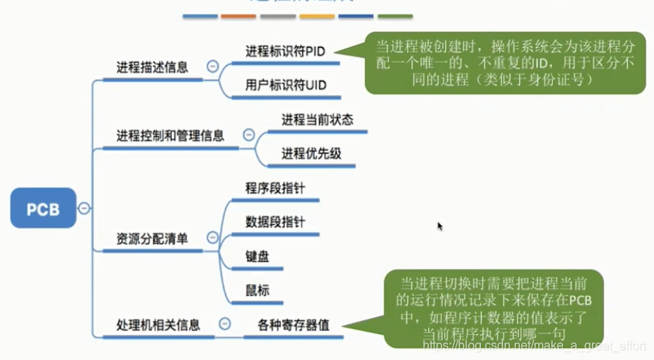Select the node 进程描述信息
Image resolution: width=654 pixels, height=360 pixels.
pos(152,67)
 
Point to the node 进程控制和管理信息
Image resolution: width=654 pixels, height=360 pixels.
pos(170,136)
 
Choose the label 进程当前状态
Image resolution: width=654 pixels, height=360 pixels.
pos(317,119)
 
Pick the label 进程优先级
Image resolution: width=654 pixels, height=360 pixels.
pos(311,153)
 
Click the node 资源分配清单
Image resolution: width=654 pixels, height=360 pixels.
pos(152,238)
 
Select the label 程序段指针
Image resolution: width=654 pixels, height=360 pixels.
pos(276,188)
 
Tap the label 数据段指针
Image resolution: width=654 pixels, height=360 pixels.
pos(276,221)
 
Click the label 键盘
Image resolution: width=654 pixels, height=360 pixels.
pos(257,256)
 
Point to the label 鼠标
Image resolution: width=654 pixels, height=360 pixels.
pos(257,290)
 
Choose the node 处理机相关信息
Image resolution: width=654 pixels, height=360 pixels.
pos(158,324)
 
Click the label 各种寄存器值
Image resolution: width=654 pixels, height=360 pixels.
pos(293,324)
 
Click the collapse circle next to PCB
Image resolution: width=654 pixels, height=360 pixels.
pos(83,208)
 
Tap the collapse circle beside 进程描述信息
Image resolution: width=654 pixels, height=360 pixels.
pos(212,67)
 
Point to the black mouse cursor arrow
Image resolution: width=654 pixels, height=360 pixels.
pos(440,226)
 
